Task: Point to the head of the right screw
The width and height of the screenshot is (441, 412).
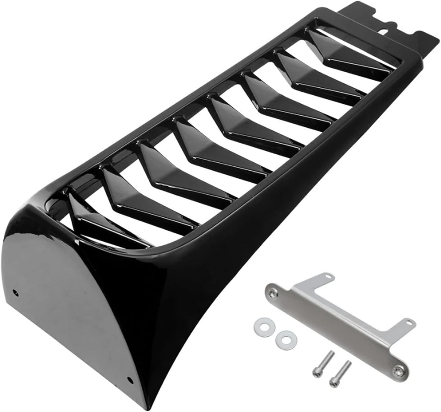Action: point(333,381)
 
